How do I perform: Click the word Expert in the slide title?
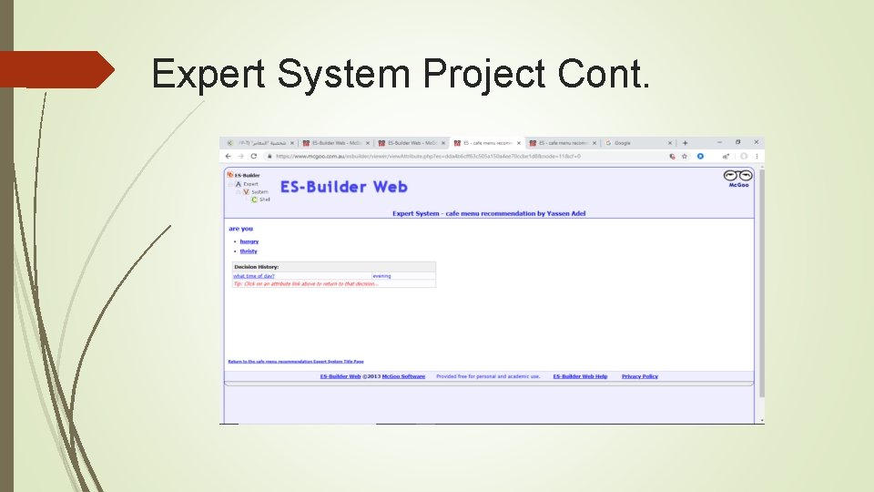click(x=209, y=74)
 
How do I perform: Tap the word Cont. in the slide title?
click(x=605, y=74)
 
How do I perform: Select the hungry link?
click(x=249, y=241)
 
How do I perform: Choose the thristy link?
click(x=249, y=251)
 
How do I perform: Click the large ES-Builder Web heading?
click(x=343, y=187)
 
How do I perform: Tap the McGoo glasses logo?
click(x=737, y=177)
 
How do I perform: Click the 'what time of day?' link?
click(x=254, y=276)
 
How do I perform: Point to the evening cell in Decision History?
click(x=381, y=276)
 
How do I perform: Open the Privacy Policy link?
click(x=639, y=376)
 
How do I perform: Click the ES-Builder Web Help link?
click(x=580, y=376)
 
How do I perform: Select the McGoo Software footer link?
click(x=403, y=376)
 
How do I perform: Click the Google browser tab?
click(x=623, y=143)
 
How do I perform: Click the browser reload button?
click(x=255, y=156)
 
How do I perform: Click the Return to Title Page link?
click(x=295, y=362)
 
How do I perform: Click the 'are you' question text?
click(x=240, y=229)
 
